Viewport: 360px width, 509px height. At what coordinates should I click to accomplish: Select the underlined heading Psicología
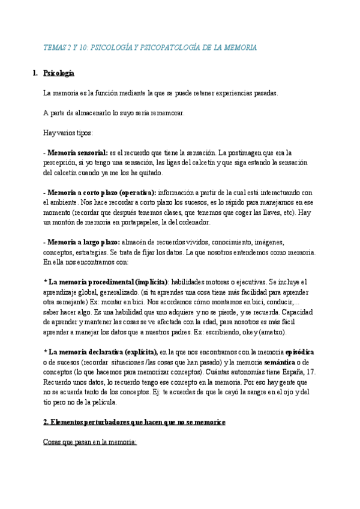(x=58, y=73)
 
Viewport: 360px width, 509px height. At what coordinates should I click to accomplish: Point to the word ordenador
(x=190, y=222)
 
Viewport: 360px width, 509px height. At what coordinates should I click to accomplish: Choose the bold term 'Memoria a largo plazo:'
(x=83, y=242)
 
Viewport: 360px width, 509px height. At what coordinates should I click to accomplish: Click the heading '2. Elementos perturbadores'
(x=134, y=422)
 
